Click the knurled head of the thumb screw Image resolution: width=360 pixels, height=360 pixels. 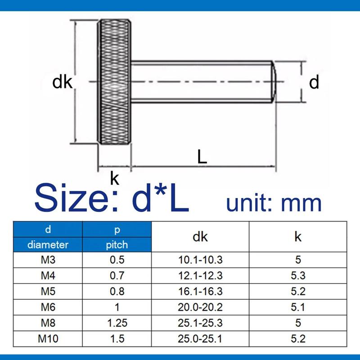coord(114,82)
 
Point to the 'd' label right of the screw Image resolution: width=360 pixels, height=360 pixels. coord(314,82)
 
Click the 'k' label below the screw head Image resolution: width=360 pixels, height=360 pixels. coord(115,179)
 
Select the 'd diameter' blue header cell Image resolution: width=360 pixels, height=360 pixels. coord(48,237)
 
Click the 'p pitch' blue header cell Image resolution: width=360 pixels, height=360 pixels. coord(117,237)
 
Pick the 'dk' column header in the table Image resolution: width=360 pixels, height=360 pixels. coord(200,237)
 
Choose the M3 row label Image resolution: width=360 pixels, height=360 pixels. coord(48,260)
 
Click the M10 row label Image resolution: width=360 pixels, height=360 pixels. coord(48,338)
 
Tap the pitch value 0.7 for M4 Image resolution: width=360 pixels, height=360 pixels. coord(117,275)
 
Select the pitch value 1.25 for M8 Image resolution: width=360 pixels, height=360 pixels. coord(117,323)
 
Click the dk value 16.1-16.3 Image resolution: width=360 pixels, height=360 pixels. coord(200,291)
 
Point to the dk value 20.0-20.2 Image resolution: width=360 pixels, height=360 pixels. coord(200,307)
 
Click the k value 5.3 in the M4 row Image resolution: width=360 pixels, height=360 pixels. coord(298,275)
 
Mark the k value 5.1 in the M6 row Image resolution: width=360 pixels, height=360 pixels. coord(298,307)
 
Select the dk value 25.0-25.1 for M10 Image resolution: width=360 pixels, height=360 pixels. coord(200,338)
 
